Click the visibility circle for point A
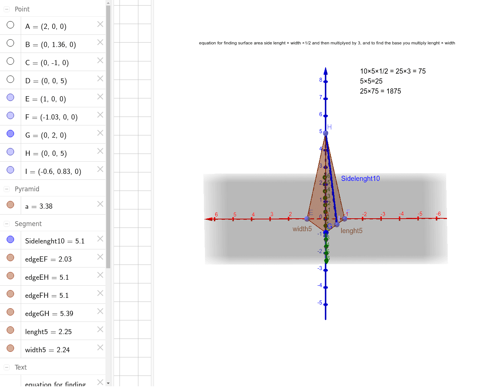pyautogui.click(x=10, y=25)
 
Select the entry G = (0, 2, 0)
pyautogui.click(x=46, y=135)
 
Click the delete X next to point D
pyautogui.click(x=100, y=78)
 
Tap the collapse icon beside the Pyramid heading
pyautogui.click(x=7, y=189)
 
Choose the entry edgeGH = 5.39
pyautogui.click(x=49, y=314)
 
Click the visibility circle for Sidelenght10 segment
pyautogui.click(x=10, y=239)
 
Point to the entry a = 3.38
pyautogui.click(x=39, y=206)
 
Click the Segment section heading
pyautogui.click(x=28, y=224)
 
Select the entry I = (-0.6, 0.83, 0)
pyautogui.click(x=53, y=172)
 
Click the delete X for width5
pyautogui.click(x=100, y=347)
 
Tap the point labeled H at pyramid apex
pyautogui.click(x=326, y=133)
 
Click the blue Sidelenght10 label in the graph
pyautogui.click(x=360, y=179)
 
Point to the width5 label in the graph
pyautogui.click(x=302, y=229)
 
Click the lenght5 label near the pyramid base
pyautogui.click(x=351, y=231)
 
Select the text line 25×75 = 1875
pyautogui.click(x=380, y=91)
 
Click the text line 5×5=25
pyautogui.click(x=371, y=81)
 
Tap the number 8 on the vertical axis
pyautogui.click(x=321, y=80)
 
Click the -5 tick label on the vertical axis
pyautogui.click(x=320, y=303)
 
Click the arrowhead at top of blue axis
pyautogui.click(x=326, y=71)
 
